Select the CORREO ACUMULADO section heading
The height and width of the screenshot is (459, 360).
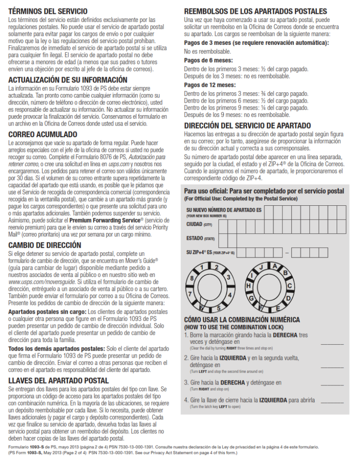[x=43, y=134]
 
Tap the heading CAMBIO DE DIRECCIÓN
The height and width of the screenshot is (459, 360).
[x=45, y=245]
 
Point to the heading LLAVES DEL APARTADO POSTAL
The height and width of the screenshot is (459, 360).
[x=58, y=381]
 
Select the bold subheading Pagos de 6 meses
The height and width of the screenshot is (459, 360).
[x=208, y=60]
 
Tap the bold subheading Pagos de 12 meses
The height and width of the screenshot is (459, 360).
[x=210, y=85]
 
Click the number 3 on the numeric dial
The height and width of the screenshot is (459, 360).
[x=228, y=277]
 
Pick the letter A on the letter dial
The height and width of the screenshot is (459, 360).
[x=274, y=266]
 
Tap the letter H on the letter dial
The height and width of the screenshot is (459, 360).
[x=248, y=286]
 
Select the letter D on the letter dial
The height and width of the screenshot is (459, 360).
[x=289, y=298]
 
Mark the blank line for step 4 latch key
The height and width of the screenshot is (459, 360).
[x=332, y=402]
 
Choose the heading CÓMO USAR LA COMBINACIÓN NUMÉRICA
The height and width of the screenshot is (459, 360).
[x=242, y=320]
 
